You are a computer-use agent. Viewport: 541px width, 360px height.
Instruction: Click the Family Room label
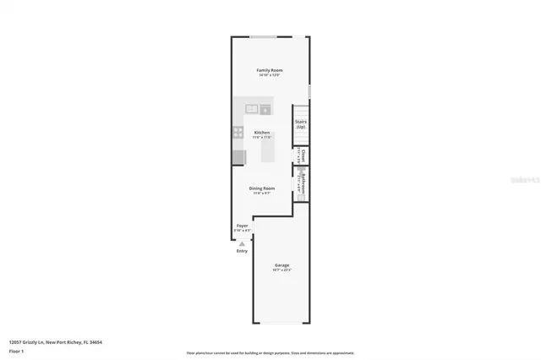(270, 69)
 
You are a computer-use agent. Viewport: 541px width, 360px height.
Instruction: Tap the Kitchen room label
(262, 133)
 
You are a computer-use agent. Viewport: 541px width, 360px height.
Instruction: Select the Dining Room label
(262, 188)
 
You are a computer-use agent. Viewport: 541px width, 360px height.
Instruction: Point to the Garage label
(281, 265)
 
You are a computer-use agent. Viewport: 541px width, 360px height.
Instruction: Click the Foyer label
(243, 226)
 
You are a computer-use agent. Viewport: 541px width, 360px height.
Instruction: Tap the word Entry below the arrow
(243, 251)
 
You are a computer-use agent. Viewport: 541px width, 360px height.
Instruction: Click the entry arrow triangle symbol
(243, 243)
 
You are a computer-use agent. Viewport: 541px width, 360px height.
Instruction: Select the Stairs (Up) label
(301, 124)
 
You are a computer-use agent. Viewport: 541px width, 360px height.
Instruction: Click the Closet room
(302, 155)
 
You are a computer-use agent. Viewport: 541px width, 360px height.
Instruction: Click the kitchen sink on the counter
(252, 109)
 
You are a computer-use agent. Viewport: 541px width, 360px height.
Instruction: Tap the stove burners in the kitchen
(239, 133)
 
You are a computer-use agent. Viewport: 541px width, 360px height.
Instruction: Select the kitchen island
(268, 149)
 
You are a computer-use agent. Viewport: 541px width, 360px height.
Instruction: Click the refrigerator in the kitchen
(239, 157)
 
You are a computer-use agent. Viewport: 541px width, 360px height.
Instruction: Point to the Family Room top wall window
(262, 36)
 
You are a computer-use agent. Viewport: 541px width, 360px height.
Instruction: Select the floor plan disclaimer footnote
(270, 352)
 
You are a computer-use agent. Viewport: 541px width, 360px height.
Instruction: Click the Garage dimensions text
(281, 270)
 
